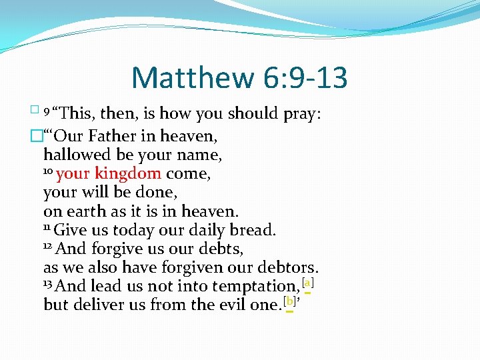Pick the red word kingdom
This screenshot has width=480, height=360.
128,174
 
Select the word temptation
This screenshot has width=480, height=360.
255,287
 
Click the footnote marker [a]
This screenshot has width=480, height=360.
307,283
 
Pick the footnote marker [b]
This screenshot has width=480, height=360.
289,301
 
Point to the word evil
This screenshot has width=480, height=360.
235,305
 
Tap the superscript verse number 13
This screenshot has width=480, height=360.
47,284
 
